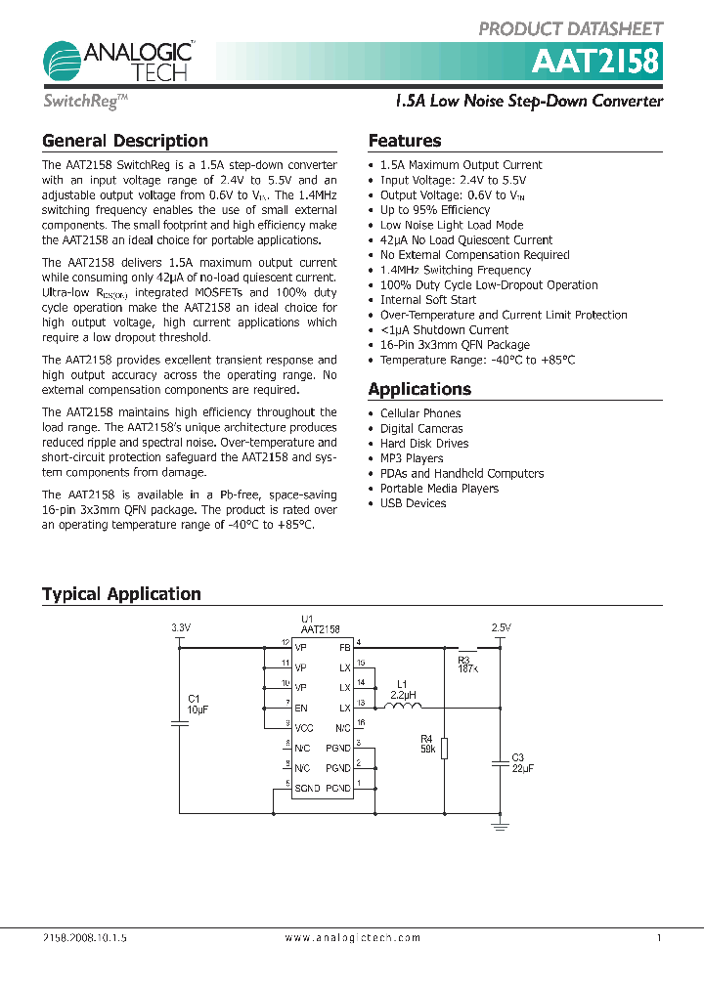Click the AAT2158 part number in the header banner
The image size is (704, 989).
(596, 63)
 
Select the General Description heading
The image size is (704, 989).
(125, 141)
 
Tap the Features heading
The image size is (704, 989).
(405, 141)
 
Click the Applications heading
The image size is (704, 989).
(419, 389)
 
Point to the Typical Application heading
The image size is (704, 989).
(121, 594)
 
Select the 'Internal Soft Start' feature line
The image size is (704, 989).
(428, 300)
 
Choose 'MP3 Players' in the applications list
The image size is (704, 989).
(412, 458)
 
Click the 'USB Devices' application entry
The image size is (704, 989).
(413, 503)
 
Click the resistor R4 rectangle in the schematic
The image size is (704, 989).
(444, 749)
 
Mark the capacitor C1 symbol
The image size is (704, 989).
(179, 723)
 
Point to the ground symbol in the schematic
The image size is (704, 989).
(501, 827)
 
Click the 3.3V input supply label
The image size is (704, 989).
(180, 627)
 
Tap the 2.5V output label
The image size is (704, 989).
(501, 627)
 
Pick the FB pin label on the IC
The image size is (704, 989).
(344, 648)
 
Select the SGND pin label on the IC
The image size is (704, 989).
(308, 788)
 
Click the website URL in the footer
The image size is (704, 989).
(353, 937)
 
